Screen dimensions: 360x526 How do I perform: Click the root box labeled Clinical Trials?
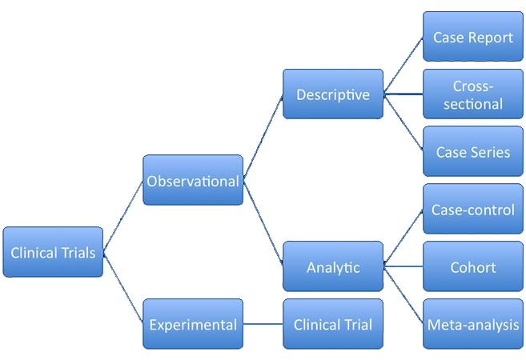pos(53,253)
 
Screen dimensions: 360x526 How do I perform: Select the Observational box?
pos(193,181)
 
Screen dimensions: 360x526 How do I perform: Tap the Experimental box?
pos(193,324)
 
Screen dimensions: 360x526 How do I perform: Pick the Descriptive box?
pos(333,94)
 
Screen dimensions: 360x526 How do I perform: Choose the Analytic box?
pos(333,267)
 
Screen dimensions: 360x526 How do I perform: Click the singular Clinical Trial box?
pos(333,324)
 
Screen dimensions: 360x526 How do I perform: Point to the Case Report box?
pos(472,37)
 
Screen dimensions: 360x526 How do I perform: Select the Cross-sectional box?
pos(472,94)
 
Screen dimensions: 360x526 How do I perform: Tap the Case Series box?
pos(472,151)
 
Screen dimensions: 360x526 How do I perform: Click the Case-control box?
pos(472,210)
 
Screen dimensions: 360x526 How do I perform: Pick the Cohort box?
pos(472,267)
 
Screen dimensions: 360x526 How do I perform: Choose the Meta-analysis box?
pos(472,324)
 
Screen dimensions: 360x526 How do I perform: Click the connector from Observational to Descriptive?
pos(263,137)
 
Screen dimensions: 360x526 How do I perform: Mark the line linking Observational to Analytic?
pos(263,225)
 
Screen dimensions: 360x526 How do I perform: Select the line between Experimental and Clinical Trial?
pos(263,324)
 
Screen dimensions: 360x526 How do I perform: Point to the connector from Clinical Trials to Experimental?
pos(123,289)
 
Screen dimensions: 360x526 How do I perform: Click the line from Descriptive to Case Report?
pos(404,66)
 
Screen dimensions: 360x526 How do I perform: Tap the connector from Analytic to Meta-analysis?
pos(404,296)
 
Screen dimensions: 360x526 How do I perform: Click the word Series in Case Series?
pos(491,151)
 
